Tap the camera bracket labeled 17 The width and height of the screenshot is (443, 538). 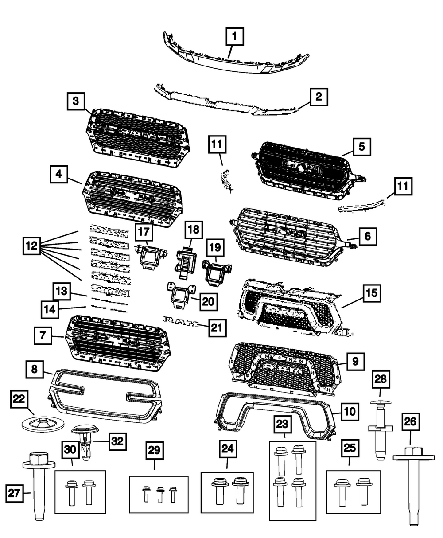[x=149, y=256]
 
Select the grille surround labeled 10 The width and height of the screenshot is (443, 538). [x=275, y=414]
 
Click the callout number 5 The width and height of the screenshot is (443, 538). [x=361, y=146]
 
